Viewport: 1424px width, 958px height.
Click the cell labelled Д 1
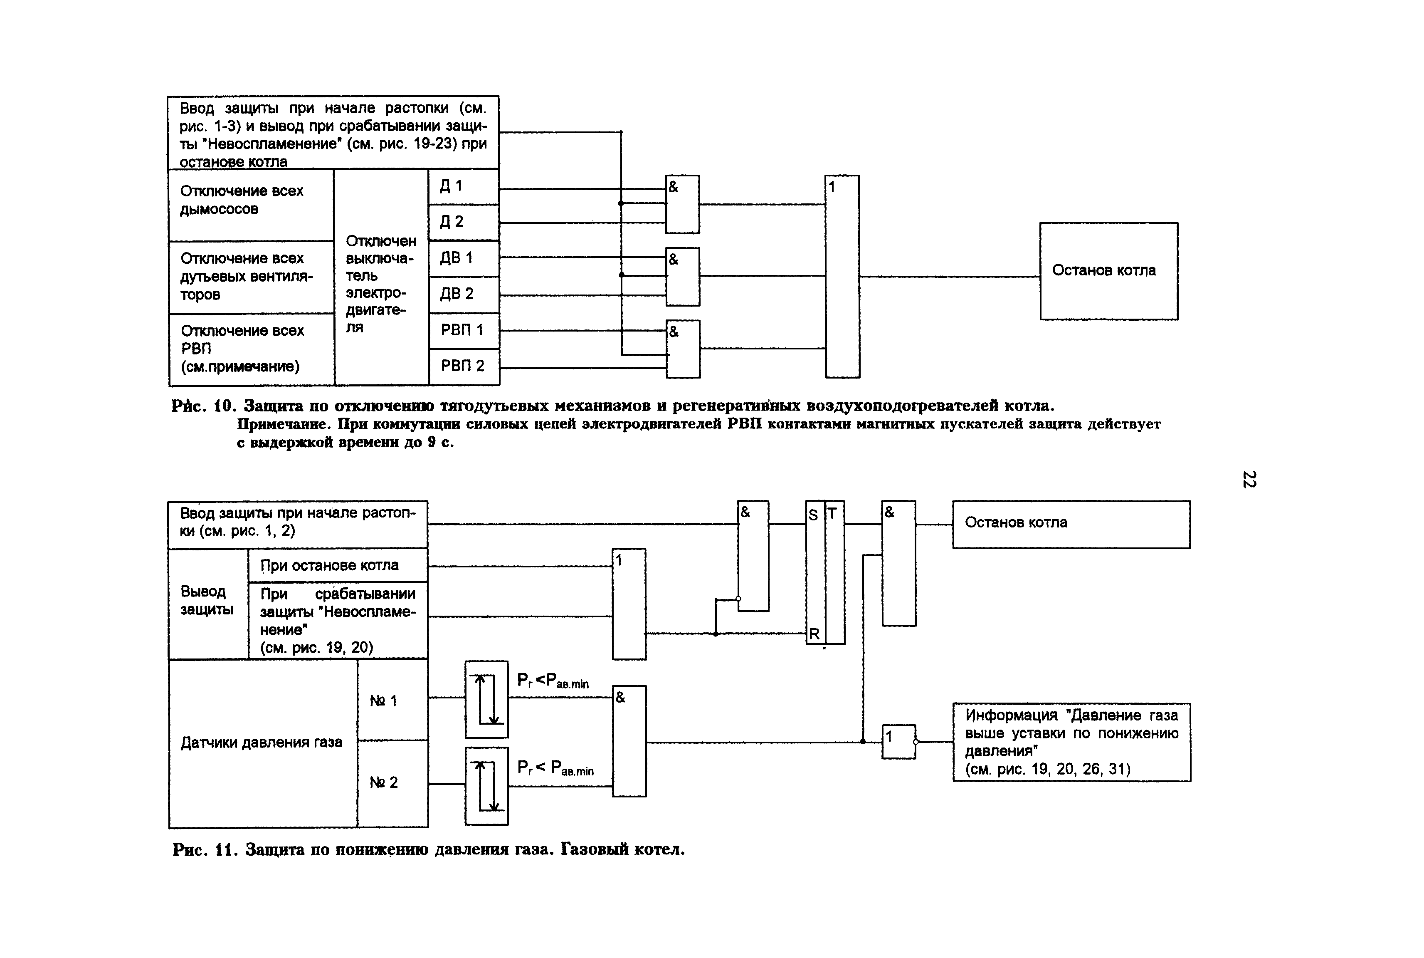[x=464, y=186]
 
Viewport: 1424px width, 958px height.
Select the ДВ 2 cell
[x=464, y=295]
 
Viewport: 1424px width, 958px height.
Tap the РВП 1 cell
[x=464, y=331]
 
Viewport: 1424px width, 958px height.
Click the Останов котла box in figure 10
[x=1109, y=271]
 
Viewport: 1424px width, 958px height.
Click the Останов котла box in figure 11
[x=1071, y=524]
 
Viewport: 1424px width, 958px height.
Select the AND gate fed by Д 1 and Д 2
[x=682, y=204]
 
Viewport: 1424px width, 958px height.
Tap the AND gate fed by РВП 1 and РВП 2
[x=683, y=349]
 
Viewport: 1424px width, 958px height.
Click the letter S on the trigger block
[x=813, y=515]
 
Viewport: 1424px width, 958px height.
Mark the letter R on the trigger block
[x=814, y=634]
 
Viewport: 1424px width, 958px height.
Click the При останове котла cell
[x=338, y=565]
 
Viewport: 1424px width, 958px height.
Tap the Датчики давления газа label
[x=262, y=743]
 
